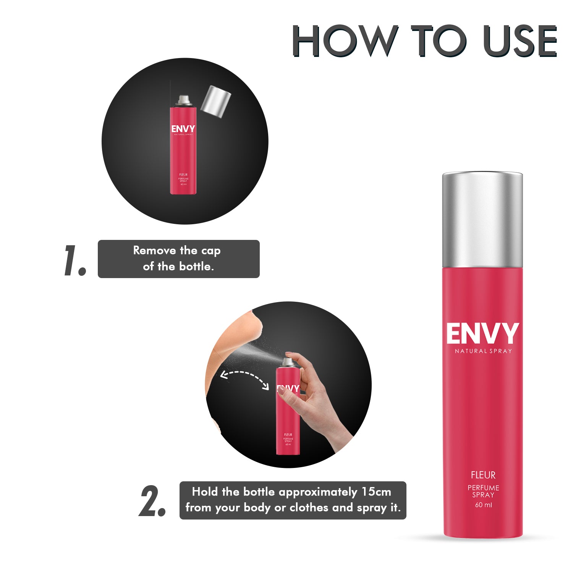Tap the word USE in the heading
[520, 41]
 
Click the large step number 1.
[74, 260]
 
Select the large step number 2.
[152, 502]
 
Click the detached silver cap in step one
[216, 101]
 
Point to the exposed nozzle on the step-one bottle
[183, 100]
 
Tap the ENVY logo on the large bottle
[483, 334]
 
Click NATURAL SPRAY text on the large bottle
[483, 351]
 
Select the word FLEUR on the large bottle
[483, 475]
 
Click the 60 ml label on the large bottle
[483, 505]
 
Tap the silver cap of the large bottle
[482, 220]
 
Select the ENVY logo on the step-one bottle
[183, 129]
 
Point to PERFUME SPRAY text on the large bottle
[483, 491]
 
